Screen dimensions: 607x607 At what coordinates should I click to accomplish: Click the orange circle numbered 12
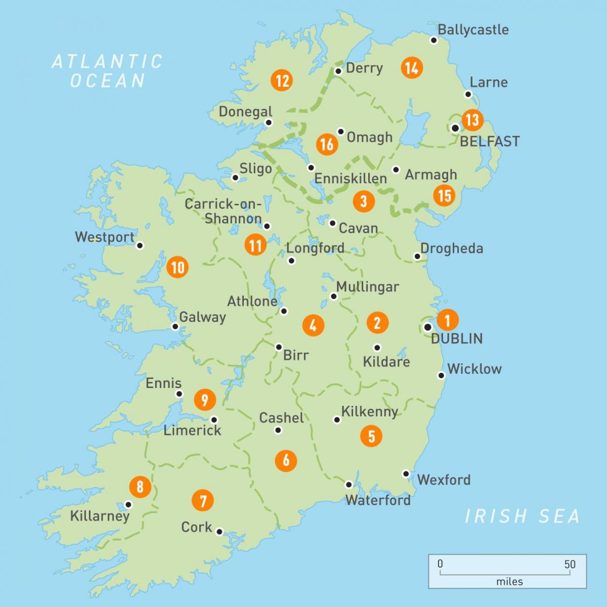tap(282, 80)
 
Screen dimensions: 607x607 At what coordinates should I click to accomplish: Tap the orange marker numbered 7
tap(203, 501)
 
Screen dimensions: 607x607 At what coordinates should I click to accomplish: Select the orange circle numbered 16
tap(327, 144)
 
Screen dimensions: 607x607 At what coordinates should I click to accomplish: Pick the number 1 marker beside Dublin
tap(447, 319)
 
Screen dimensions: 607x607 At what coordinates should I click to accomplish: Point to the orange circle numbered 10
tap(178, 267)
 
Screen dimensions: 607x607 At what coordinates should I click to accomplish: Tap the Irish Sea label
tap(522, 516)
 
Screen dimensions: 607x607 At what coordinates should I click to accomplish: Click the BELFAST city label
tap(489, 141)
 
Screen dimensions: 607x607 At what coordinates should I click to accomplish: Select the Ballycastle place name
tap(473, 29)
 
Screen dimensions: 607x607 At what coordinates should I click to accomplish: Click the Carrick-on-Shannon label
tap(223, 211)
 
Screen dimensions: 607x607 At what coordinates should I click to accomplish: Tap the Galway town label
tap(202, 317)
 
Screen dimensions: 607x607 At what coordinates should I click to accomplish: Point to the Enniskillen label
tap(351, 178)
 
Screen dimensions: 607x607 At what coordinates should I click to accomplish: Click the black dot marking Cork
tap(220, 532)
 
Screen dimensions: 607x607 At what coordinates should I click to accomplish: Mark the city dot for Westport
tap(140, 245)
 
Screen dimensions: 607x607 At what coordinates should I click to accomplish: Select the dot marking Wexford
tap(406, 473)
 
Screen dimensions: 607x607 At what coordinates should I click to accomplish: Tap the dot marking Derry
tap(338, 71)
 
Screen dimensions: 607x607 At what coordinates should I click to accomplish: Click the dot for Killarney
tap(128, 504)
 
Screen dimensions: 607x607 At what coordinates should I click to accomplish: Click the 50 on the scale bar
tap(570, 564)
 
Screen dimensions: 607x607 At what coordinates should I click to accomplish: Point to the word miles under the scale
tap(509, 582)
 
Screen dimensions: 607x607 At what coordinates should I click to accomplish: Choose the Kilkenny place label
tap(369, 411)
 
